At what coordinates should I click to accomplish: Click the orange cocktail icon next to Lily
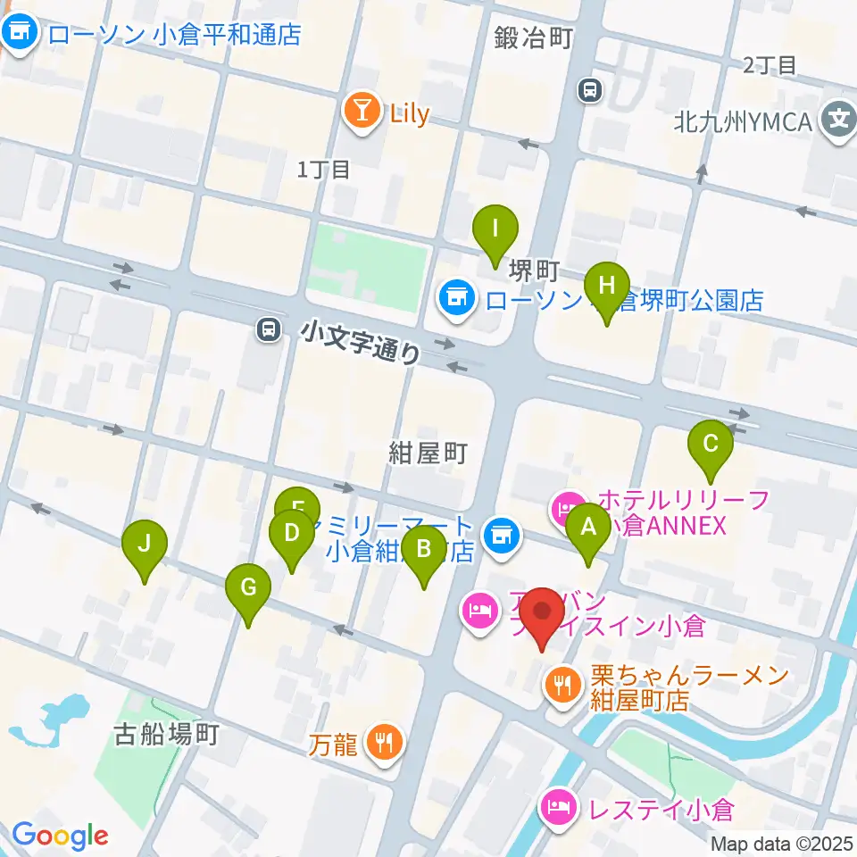click(362, 112)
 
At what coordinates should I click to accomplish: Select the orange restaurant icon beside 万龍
click(386, 742)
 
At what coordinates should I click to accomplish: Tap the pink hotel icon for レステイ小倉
click(558, 809)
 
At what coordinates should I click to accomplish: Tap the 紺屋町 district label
click(428, 453)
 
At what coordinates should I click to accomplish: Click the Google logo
click(59, 835)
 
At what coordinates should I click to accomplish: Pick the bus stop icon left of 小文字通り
click(267, 329)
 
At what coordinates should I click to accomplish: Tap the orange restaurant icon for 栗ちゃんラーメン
click(562, 686)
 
